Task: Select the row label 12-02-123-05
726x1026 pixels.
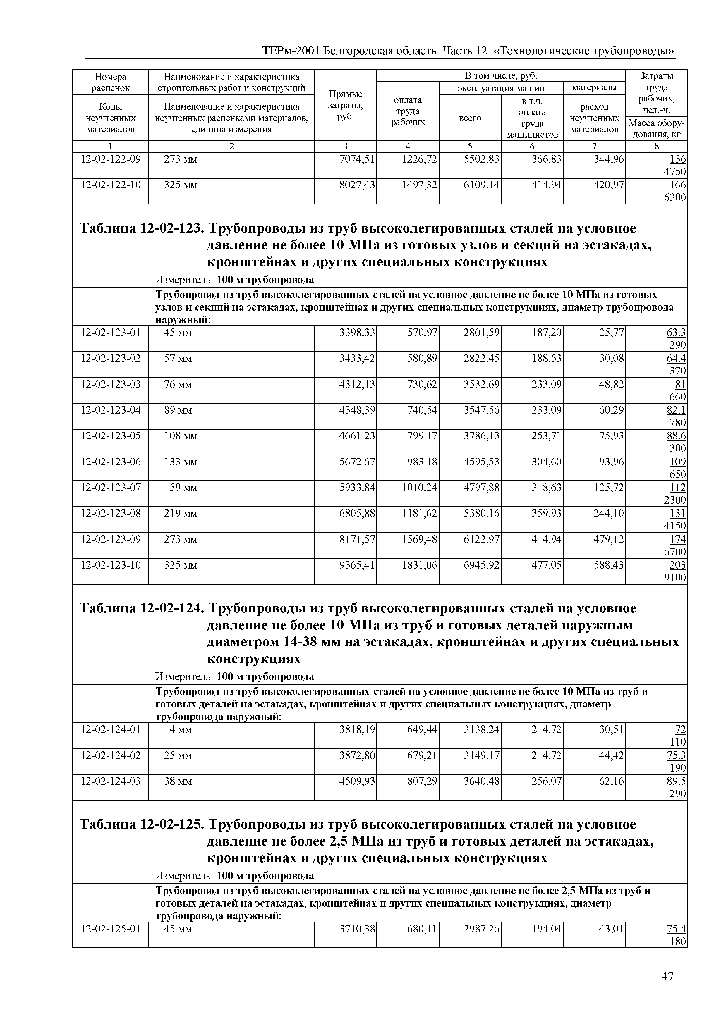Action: [x=110, y=436]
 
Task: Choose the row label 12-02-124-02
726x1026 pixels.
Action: [x=110, y=756]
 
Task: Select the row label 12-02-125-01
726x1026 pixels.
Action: [x=110, y=929]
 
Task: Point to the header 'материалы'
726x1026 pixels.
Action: [x=594, y=87]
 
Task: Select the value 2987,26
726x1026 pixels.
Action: [x=481, y=929]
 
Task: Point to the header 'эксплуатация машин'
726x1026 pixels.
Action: [x=501, y=87]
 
